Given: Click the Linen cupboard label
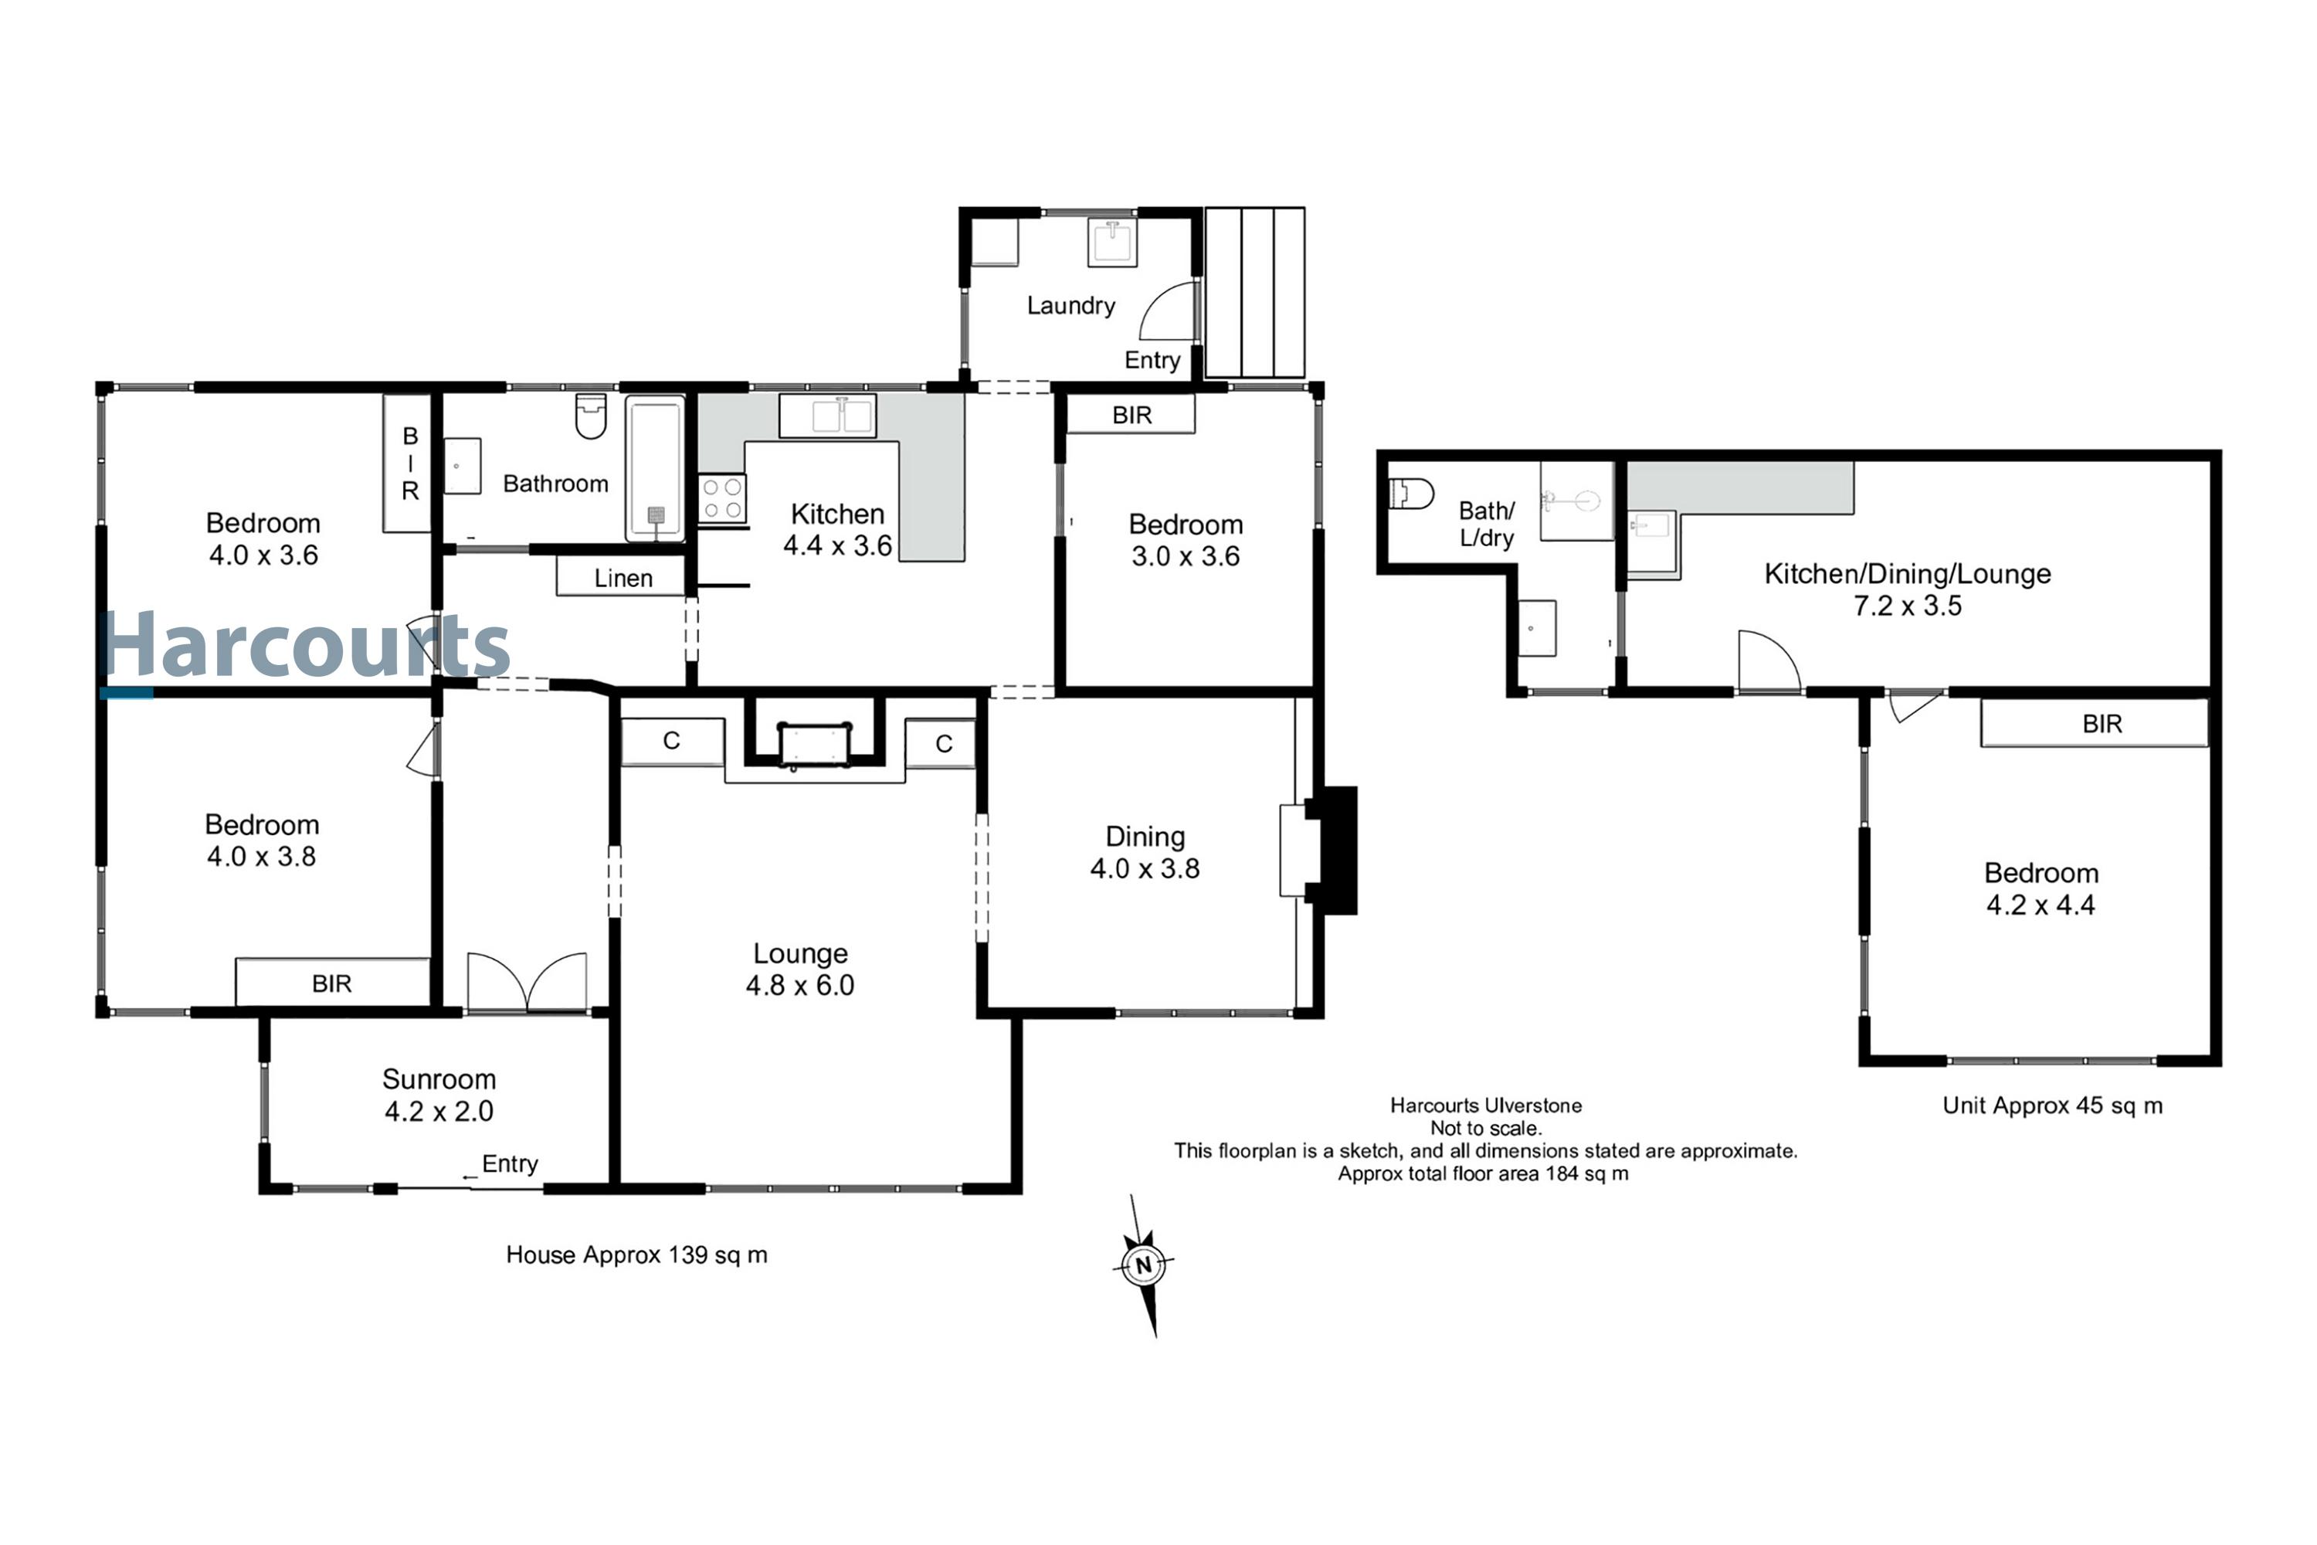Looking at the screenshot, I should [623, 579].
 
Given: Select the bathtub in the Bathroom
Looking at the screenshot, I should [655, 468].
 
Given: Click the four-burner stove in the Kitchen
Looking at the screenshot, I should [722, 498].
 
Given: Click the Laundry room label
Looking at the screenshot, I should [1070, 305].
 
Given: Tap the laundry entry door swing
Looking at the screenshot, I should [1169, 312].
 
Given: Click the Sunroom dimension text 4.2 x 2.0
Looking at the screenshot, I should [439, 1112].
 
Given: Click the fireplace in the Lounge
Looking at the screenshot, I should [814, 744].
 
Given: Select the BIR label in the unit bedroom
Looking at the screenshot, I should [2102, 725].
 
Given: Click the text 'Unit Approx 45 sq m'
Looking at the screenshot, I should [2052, 1105].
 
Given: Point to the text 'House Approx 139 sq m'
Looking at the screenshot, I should [636, 1255].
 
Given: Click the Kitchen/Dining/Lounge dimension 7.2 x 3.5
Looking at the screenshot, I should [1907, 606].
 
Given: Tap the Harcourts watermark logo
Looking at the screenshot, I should [305, 645].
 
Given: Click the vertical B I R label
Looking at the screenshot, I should [410, 463].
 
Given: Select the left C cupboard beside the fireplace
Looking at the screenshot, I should [672, 741].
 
